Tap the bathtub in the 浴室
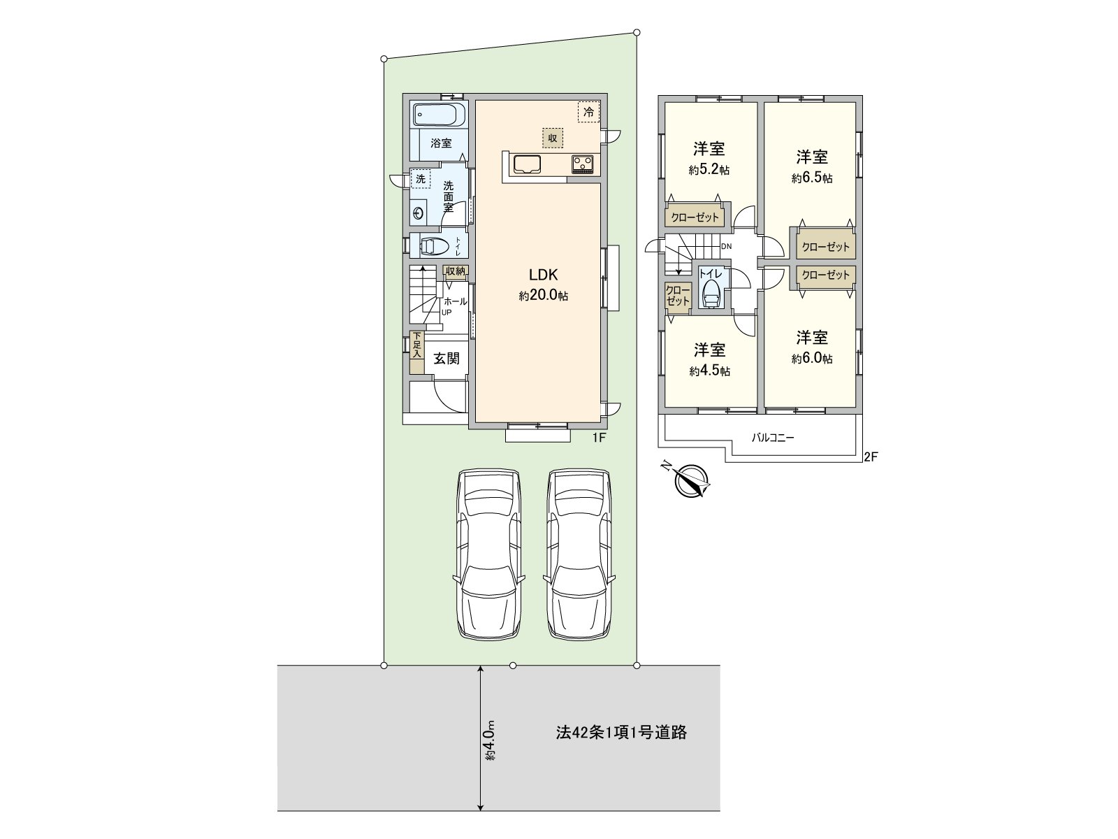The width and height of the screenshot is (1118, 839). [439, 114]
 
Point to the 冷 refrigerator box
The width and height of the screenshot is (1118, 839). [588, 112]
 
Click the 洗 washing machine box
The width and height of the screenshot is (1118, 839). [421, 179]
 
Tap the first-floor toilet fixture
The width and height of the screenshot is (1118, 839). [433, 246]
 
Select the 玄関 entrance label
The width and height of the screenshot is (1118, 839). [447, 359]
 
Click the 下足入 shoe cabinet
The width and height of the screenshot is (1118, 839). [416, 345]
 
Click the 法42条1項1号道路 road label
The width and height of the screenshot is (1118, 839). [621, 732]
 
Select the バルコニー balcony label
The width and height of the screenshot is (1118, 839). [773, 438]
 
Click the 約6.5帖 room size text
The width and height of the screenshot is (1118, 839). [811, 178]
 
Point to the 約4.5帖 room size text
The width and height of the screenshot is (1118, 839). [709, 371]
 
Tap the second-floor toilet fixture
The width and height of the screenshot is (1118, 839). [711, 294]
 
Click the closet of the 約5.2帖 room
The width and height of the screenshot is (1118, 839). [695, 217]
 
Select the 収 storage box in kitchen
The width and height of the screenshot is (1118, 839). [552, 138]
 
